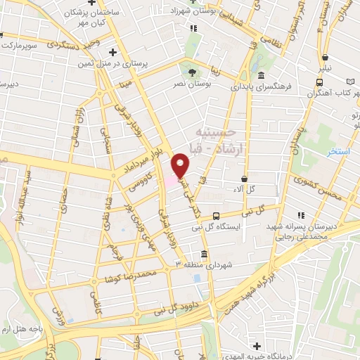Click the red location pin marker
tap(181, 166)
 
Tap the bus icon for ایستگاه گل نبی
tap(216, 216)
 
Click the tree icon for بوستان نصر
tap(191, 72)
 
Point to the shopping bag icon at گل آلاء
tap(244, 179)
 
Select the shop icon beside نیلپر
tap(325, 59)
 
